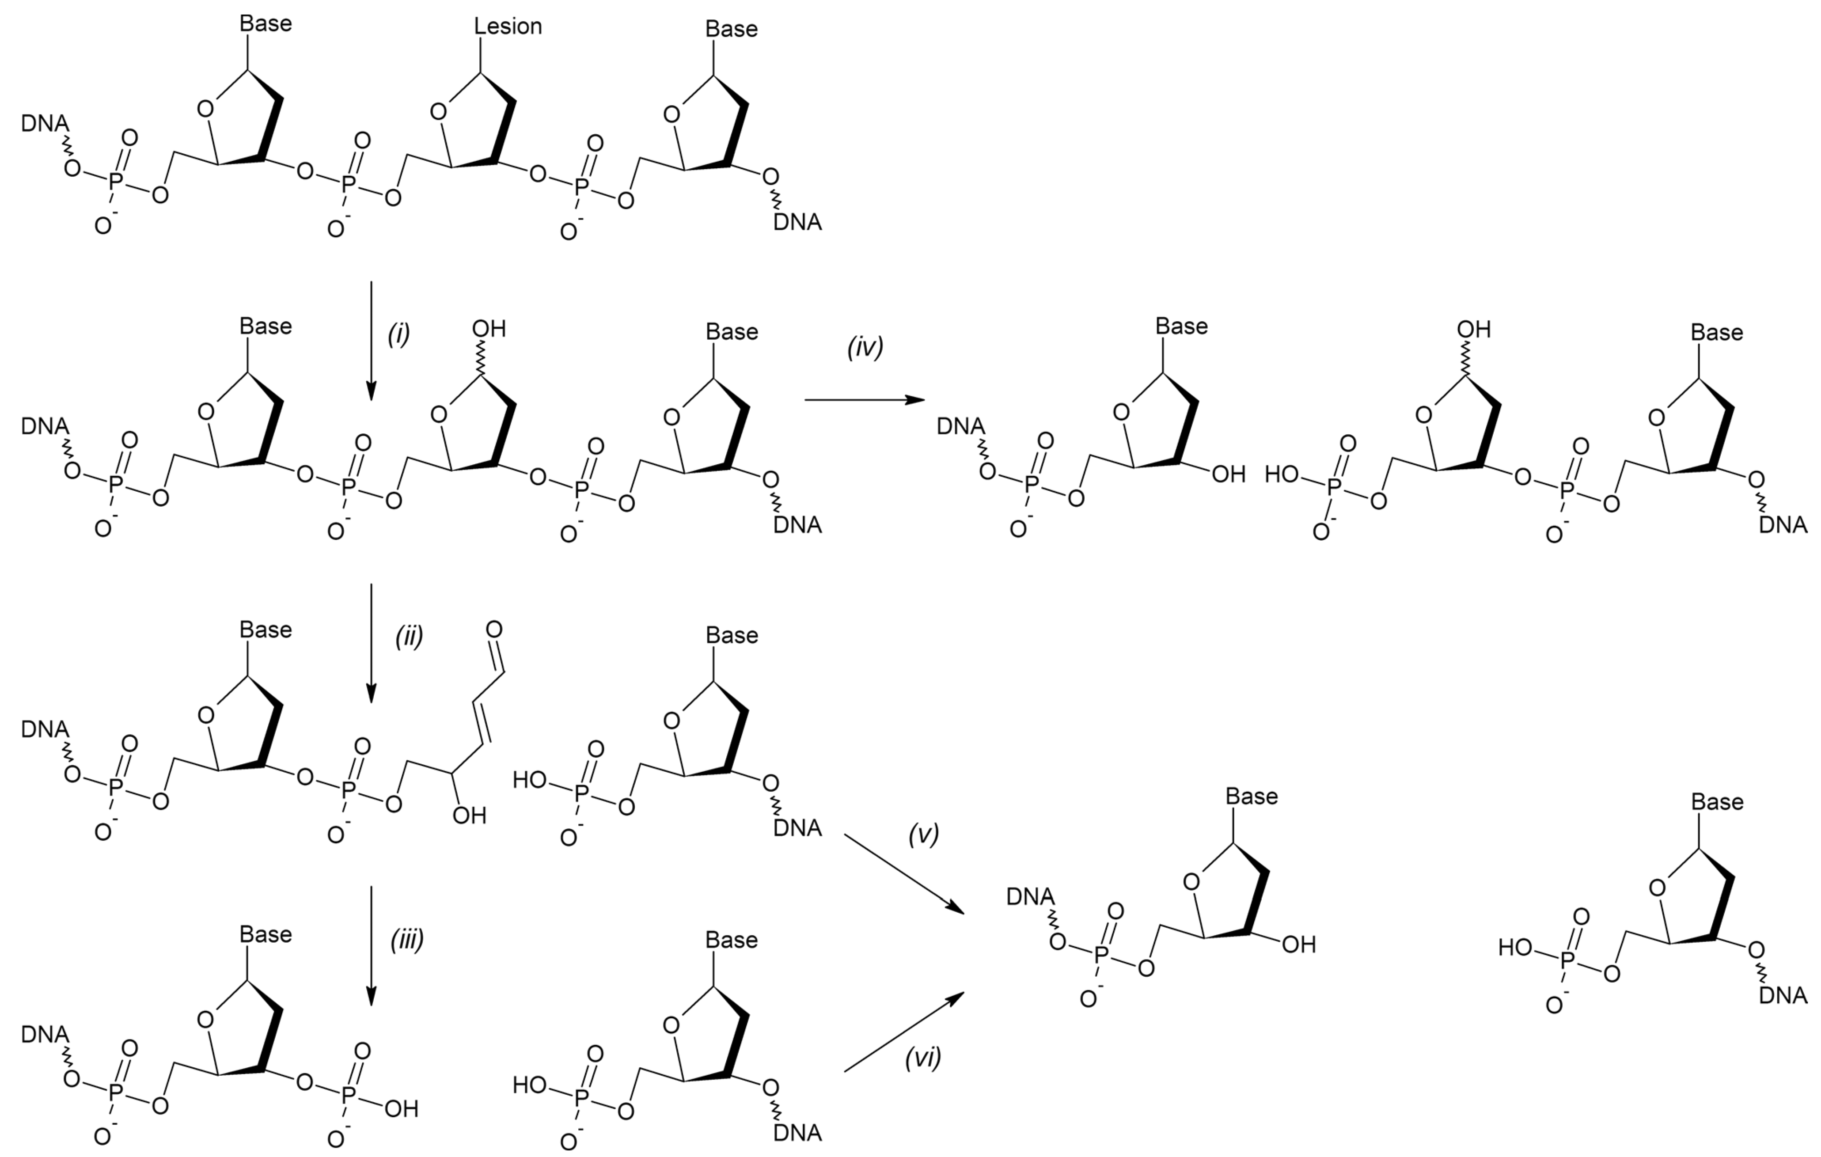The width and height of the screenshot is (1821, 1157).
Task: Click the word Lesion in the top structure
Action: point(508,27)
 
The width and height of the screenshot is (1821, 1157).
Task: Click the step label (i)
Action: point(398,334)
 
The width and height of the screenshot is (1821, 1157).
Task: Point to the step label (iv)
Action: point(865,347)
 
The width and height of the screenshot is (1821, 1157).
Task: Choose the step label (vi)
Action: point(923,1058)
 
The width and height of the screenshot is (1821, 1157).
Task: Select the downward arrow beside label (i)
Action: point(371,340)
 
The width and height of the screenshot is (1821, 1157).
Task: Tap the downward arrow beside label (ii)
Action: point(371,643)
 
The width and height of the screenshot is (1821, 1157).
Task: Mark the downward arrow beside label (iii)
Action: point(371,945)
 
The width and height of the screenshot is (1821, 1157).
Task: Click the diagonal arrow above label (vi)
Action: point(904,1032)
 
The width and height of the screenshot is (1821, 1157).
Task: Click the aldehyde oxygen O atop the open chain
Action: point(494,629)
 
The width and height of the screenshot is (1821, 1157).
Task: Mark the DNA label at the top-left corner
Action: point(45,123)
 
